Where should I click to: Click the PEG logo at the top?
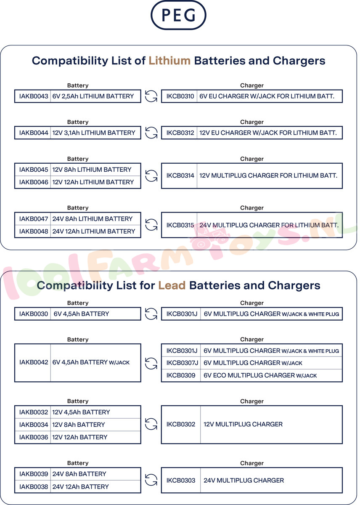[x=178, y=15]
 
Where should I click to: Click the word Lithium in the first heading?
[x=169, y=61]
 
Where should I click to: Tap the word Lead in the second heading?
[x=172, y=285]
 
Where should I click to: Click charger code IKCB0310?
[x=180, y=96]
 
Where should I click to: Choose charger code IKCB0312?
[x=180, y=133]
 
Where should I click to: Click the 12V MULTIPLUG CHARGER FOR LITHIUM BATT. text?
[x=268, y=175]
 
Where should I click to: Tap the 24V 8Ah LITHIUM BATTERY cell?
[x=93, y=219]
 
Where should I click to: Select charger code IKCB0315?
[x=180, y=225]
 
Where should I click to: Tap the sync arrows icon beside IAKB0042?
[x=151, y=363]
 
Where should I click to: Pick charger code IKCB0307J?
[x=182, y=363]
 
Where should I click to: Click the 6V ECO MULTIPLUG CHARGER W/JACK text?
[x=260, y=375]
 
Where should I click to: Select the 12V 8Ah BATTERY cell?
[x=79, y=425]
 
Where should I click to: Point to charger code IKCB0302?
[x=180, y=425]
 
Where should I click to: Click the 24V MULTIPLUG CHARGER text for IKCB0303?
[x=244, y=481]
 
